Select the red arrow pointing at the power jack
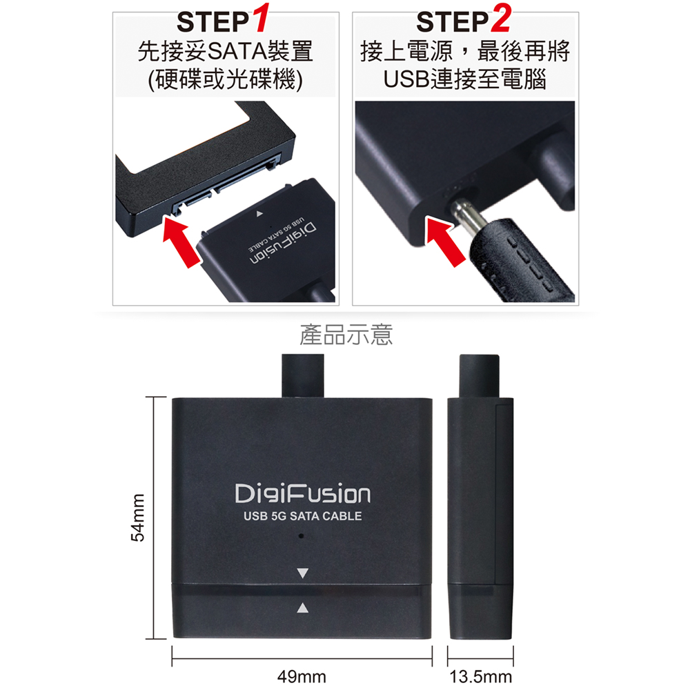tap(444, 241)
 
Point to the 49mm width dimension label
tap(302, 676)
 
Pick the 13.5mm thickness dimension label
tap(480, 676)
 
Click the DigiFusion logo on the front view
tap(302, 494)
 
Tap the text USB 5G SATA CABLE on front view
tap(303, 516)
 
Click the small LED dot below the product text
tap(302, 536)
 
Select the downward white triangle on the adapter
tap(303, 573)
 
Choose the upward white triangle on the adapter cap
tap(302, 608)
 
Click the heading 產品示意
tap(346, 335)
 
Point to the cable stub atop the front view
tap(303, 376)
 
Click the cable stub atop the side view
tap(480, 377)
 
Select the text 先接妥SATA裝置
tap(226, 52)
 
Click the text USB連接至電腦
tap(464, 79)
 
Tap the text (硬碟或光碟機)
tap(226, 79)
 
